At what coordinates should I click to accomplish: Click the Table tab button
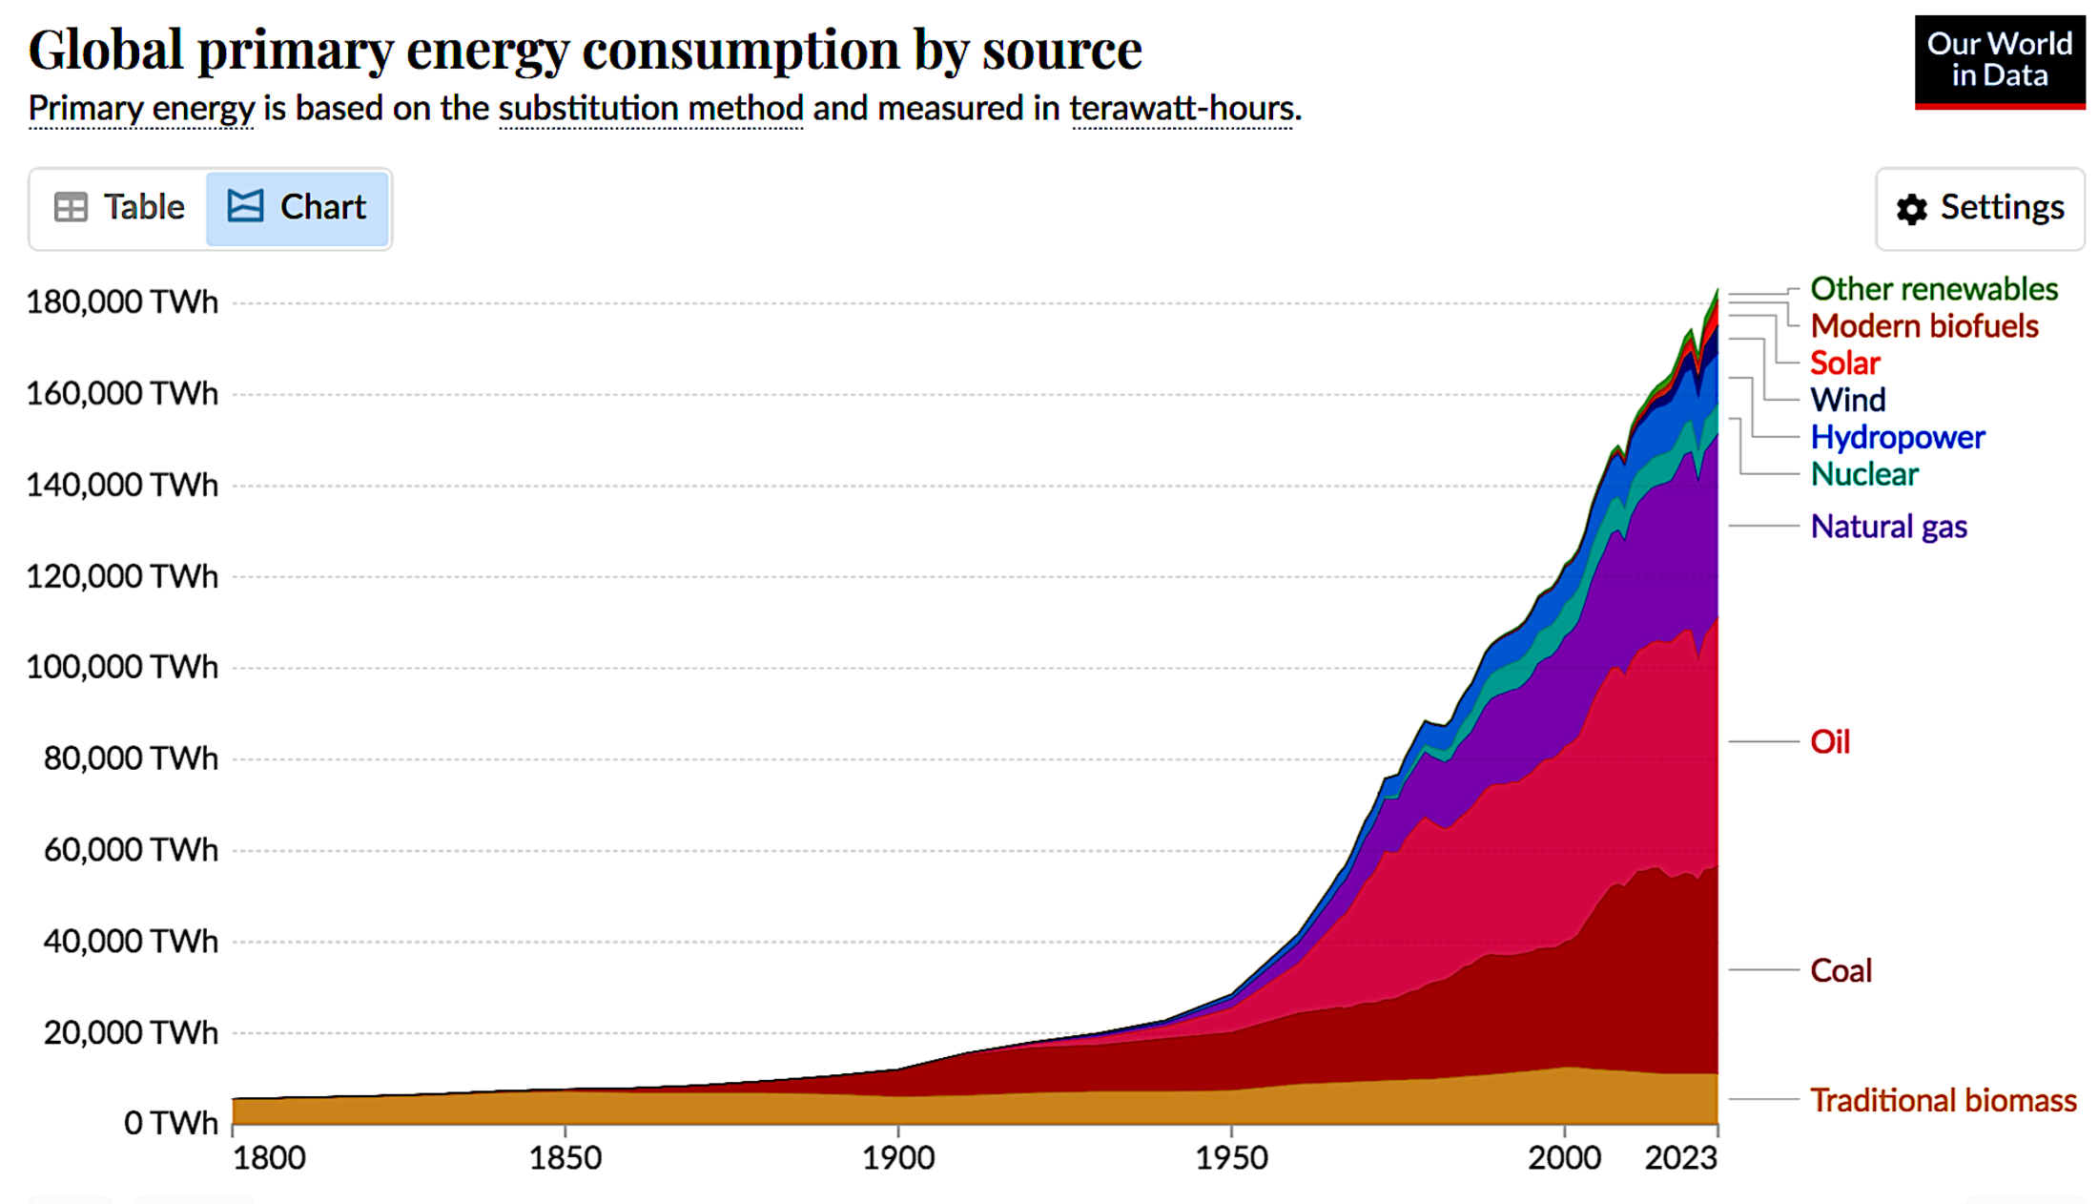point(119,208)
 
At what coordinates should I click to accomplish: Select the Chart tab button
point(298,208)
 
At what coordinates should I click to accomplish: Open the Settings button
point(1981,208)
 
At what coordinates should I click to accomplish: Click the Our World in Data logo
point(1999,61)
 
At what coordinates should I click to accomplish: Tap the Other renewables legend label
point(1934,289)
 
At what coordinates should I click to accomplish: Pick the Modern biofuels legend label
point(1924,326)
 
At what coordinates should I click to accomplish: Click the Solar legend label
point(1845,363)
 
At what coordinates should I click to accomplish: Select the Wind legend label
point(1848,400)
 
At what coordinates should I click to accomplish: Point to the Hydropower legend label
point(1898,437)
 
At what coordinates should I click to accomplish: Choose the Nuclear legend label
point(1864,474)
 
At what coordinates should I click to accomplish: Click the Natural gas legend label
point(1888,527)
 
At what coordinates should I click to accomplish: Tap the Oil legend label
point(1830,742)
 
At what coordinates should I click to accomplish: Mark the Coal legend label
point(1841,971)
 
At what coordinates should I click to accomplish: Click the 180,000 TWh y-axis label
point(122,302)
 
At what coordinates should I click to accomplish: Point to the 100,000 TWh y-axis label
point(122,667)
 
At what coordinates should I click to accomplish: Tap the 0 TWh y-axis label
point(171,1124)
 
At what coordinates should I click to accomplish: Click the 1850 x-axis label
point(566,1158)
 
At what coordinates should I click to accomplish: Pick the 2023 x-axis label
point(1680,1158)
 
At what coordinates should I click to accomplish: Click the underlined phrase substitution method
point(650,109)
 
